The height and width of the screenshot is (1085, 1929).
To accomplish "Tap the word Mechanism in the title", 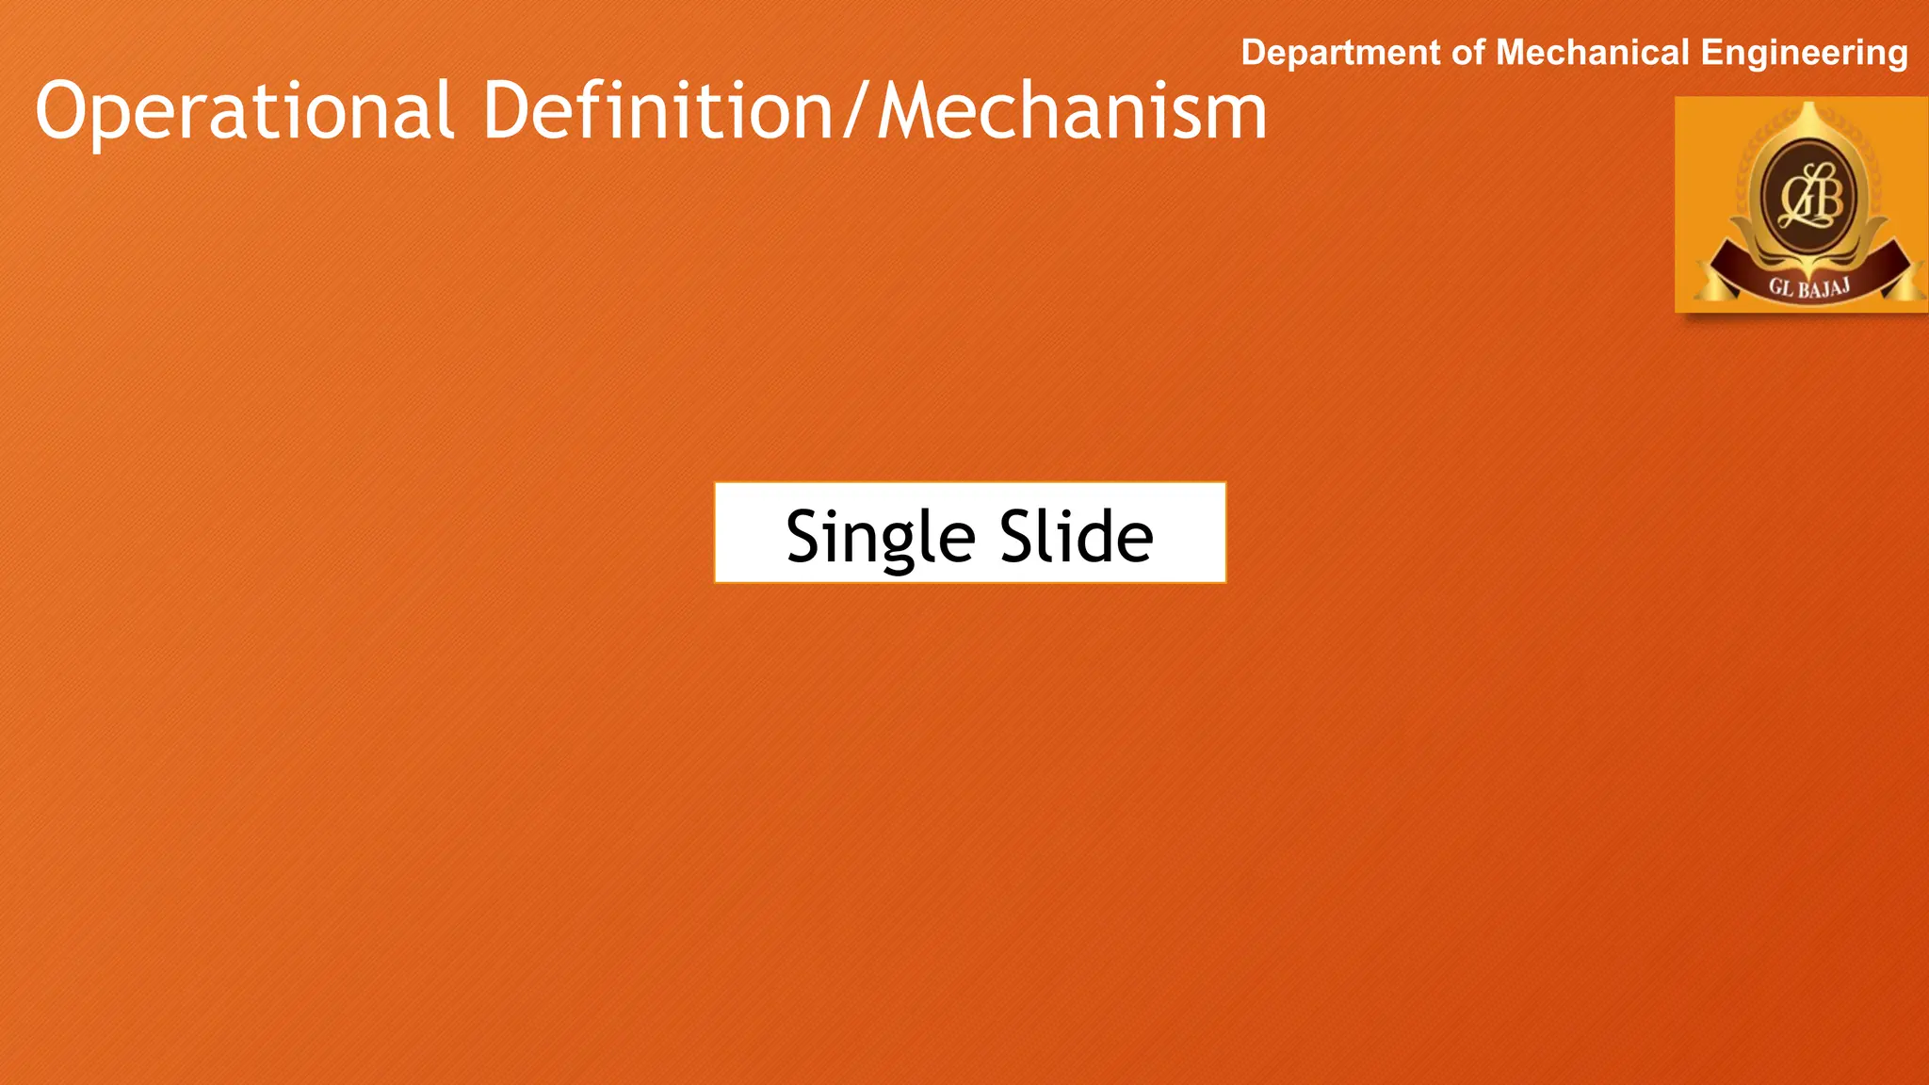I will tap(1072, 110).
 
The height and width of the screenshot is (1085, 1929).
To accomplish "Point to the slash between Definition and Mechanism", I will tap(855, 112).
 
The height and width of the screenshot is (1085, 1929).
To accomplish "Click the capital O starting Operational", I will tap(64, 110).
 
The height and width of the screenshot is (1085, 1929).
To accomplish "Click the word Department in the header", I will tap(1341, 54).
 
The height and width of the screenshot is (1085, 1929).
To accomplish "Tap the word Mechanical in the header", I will tap(1593, 53).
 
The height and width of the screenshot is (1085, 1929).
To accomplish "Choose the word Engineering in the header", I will tap(1804, 54).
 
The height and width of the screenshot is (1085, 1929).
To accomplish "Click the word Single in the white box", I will tap(880, 536).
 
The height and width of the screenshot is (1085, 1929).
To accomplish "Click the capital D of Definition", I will tap(509, 110).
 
